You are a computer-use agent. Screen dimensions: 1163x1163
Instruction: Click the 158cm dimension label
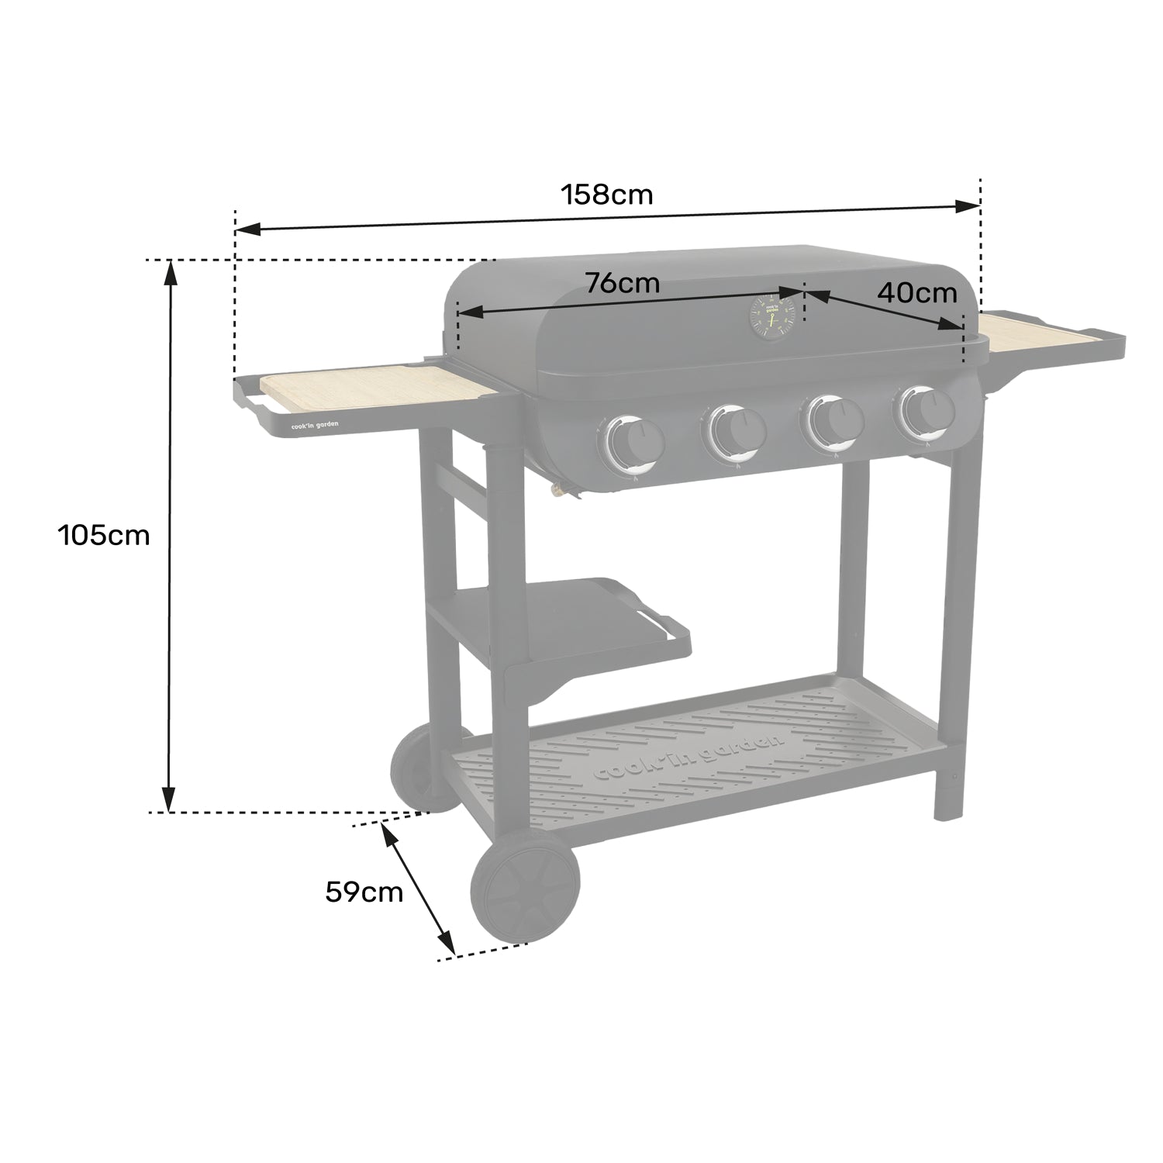click(607, 195)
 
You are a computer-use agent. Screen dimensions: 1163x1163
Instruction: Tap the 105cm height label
click(104, 535)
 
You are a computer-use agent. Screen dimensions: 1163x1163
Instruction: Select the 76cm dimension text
click(623, 283)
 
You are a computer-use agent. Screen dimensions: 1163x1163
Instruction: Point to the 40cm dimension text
click(917, 293)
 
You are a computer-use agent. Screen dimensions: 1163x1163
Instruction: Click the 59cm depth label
click(364, 892)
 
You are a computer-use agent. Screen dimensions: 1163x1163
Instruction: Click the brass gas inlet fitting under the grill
click(557, 490)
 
